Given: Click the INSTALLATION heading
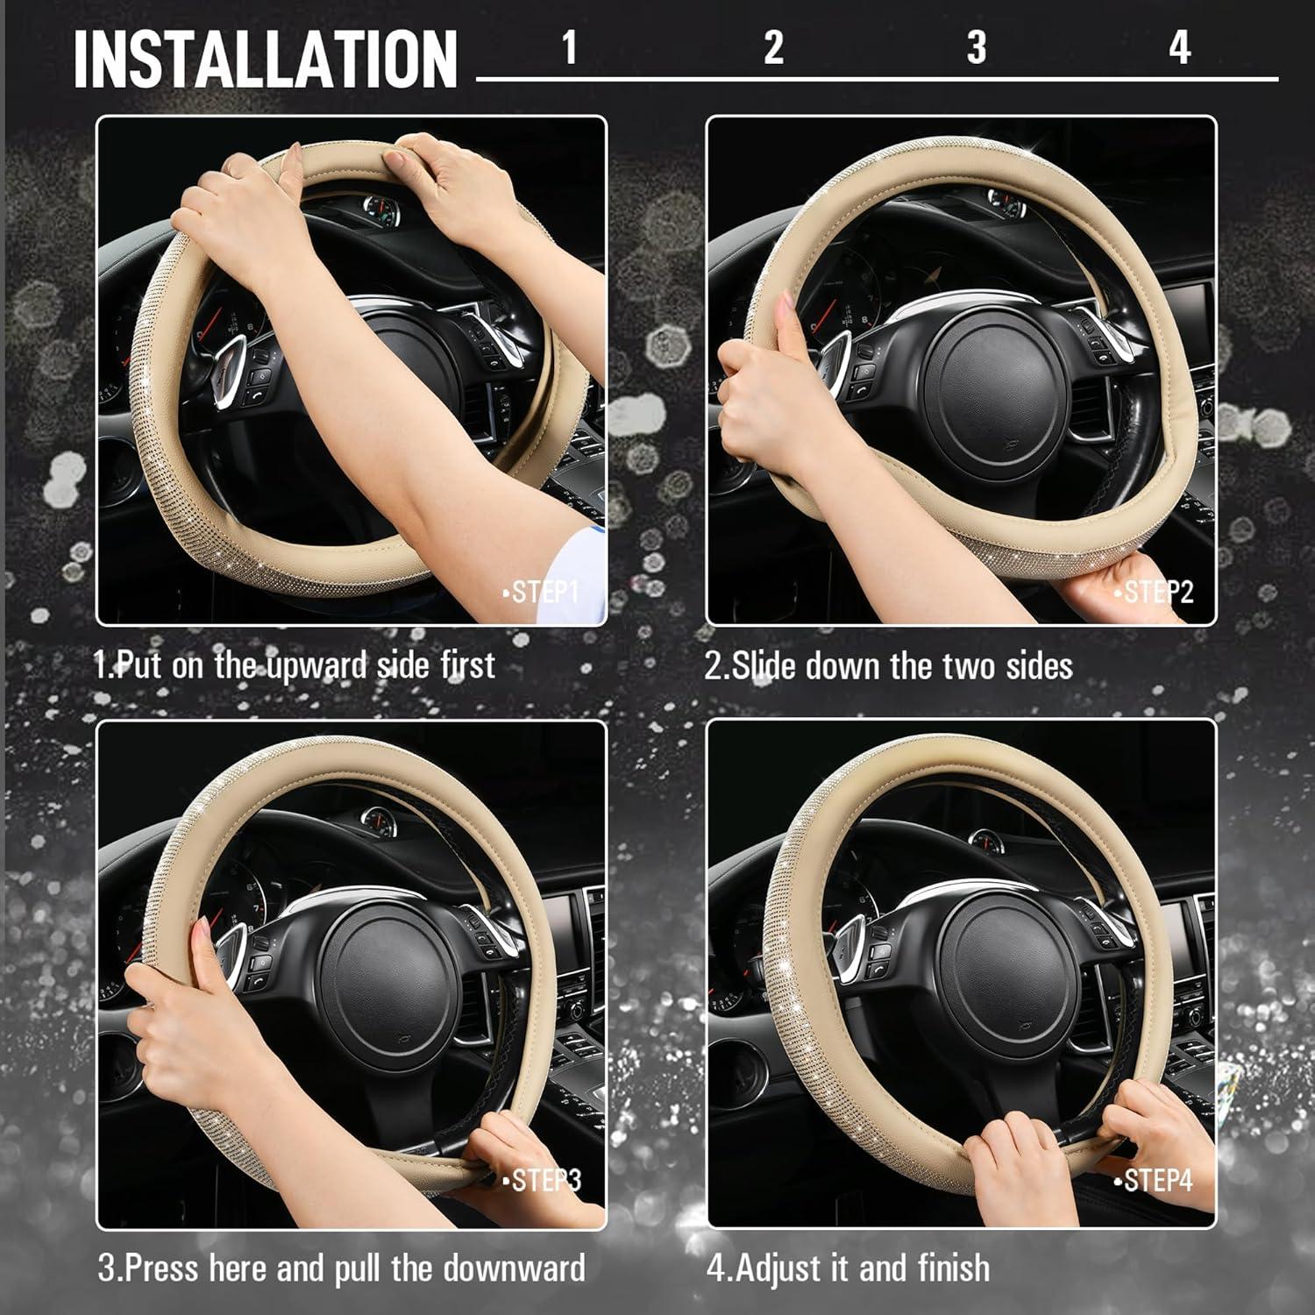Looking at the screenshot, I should (265, 59).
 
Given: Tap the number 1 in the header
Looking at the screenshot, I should (569, 46).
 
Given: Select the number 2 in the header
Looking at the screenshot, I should (772, 46).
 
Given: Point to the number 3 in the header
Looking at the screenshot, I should (976, 46).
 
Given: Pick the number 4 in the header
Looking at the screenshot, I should (1179, 46).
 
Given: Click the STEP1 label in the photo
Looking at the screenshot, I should (542, 592).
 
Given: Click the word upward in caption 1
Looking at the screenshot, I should (316, 665).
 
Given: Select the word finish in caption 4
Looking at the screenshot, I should (954, 1268).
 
